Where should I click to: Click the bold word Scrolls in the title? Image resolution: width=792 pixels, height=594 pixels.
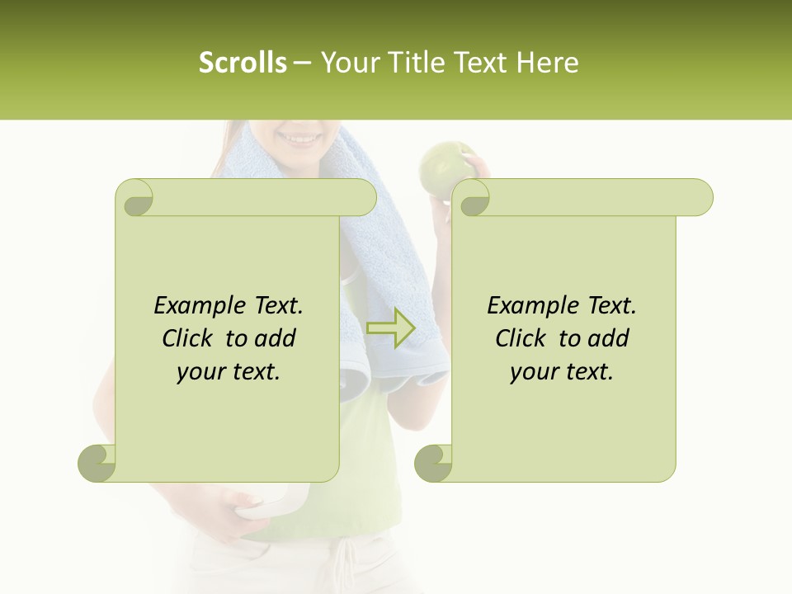243,63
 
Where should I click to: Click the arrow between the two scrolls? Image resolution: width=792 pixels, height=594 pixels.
391,328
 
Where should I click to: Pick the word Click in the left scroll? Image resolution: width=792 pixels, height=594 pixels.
191,338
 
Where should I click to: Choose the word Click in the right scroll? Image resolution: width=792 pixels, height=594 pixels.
524,338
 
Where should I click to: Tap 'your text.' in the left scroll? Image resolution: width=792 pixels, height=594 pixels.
228,371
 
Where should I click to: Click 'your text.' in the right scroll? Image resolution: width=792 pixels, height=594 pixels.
561,371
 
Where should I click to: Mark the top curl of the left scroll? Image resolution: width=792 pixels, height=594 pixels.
136,198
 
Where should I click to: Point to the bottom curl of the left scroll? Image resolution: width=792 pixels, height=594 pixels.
97,464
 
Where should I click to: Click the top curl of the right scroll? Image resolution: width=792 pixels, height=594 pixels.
473,198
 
